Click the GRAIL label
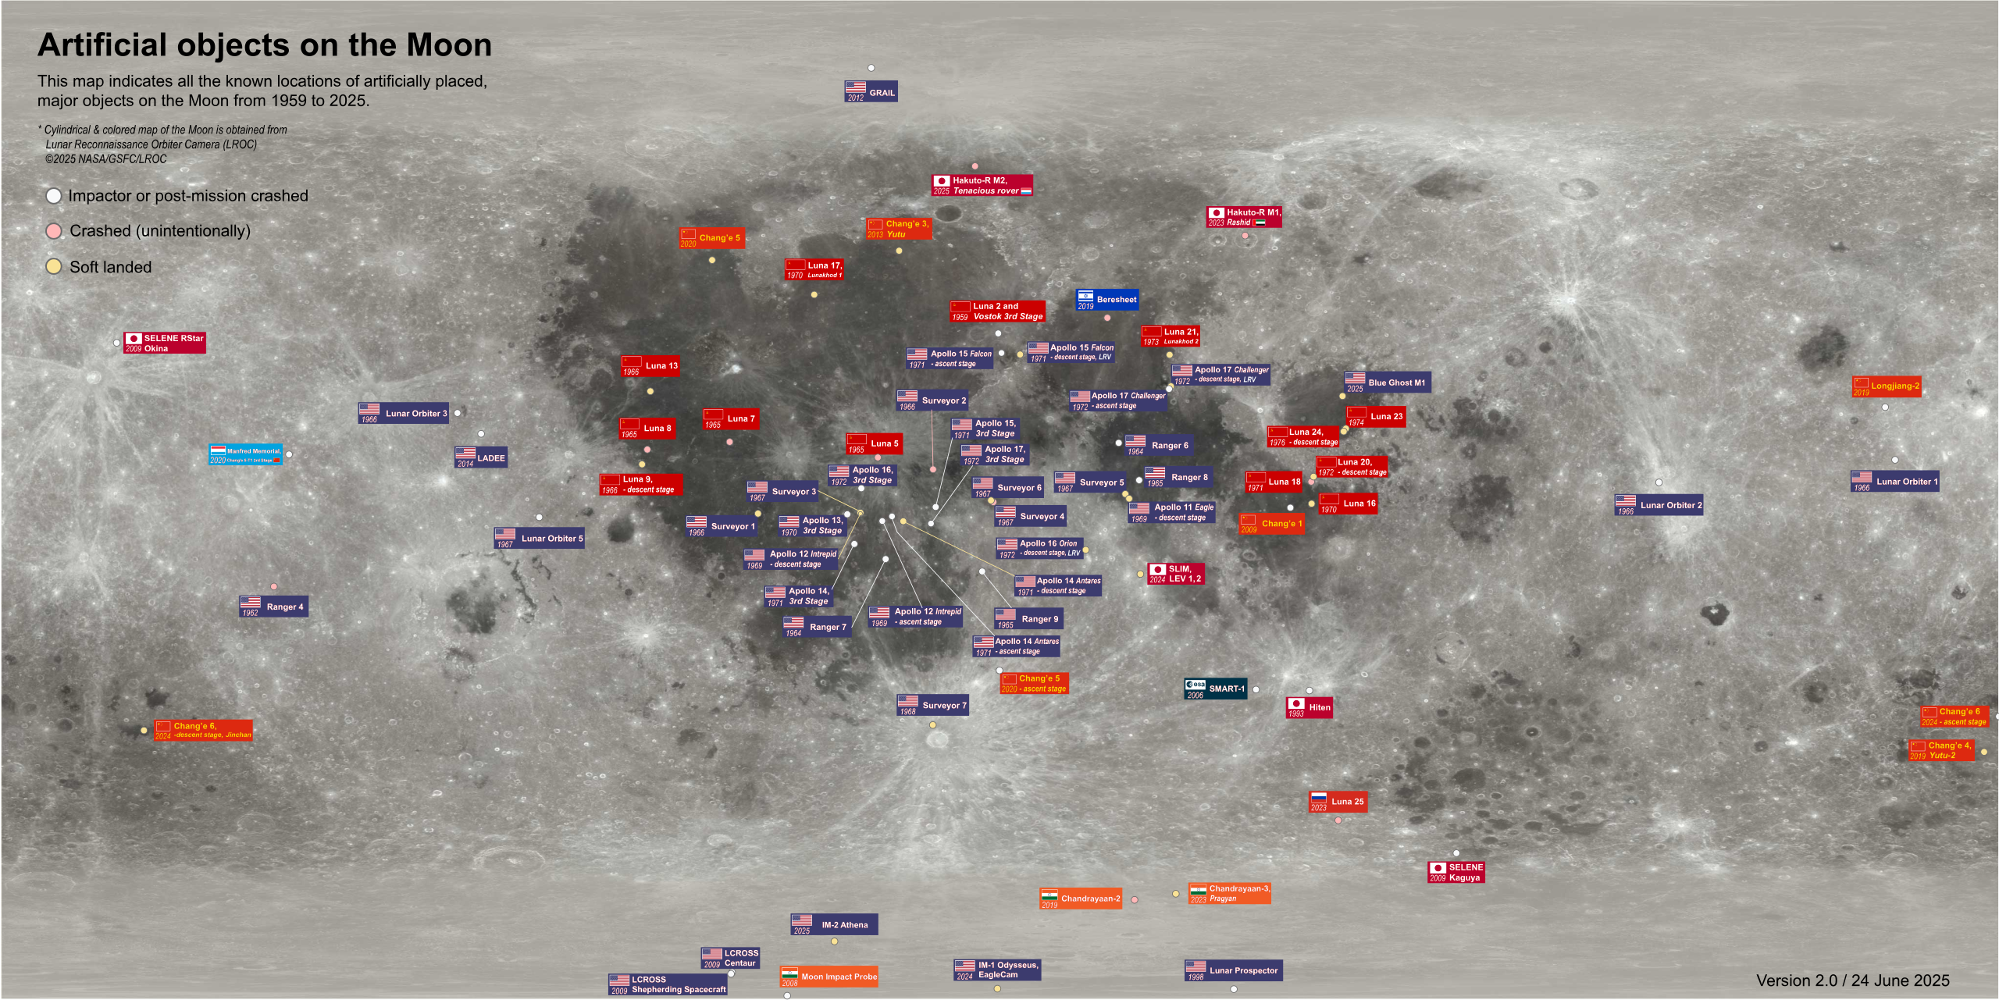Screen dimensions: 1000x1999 point(871,92)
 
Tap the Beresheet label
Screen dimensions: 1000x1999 point(1107,300)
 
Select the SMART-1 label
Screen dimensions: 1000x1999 point(1216,689)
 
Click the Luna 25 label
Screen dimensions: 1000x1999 point(1338,802)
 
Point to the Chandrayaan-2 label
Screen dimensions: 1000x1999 point(1081,899)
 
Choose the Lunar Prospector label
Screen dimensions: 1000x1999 point(1234,970)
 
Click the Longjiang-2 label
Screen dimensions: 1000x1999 point(1887,386)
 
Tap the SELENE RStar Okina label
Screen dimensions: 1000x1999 point(165,343)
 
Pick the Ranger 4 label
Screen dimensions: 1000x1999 point(274,607)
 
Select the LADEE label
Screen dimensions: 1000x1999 point(481,458)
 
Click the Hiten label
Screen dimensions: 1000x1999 point(1310,707)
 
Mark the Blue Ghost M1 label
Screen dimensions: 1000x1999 point(1388,383)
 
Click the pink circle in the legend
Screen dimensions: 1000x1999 point(54,231)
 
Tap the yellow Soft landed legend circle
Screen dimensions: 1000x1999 point(54,266)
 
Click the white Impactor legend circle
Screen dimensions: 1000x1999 point(54,196)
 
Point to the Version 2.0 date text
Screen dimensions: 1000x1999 point(1853,980)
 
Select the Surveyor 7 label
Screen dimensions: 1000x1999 point(933,706)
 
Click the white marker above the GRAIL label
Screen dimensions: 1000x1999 point(871,68)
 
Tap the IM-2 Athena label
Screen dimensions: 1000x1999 point(835,925)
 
